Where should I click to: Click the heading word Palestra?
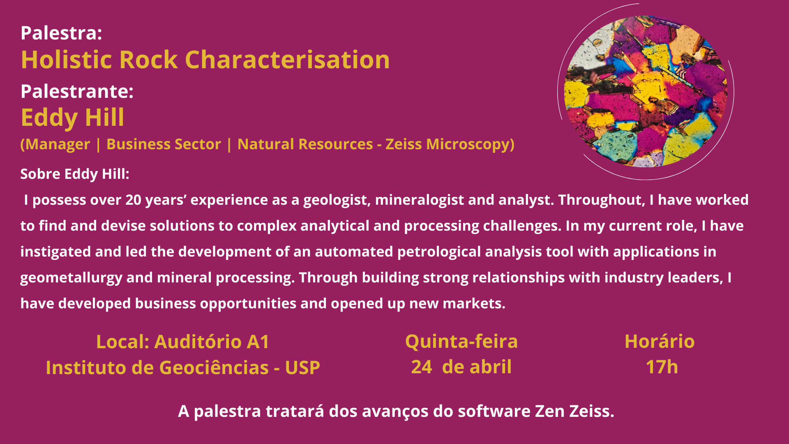pos(61,33)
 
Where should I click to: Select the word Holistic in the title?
pos(66,60)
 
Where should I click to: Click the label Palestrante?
pos(77,91)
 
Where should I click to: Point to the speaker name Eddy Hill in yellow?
pos(72,118)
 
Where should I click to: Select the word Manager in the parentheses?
pos(58,144)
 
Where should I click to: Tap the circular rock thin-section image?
pos(646,91)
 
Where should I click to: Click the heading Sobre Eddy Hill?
pos(75,174)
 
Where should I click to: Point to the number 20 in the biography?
pos(134,200)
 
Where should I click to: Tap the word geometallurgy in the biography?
pos(71,278)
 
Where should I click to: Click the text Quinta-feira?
pos(461,342)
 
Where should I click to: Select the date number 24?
pos(421,367)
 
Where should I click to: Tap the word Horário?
pos(660,342)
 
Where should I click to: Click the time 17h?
pos(662,367)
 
